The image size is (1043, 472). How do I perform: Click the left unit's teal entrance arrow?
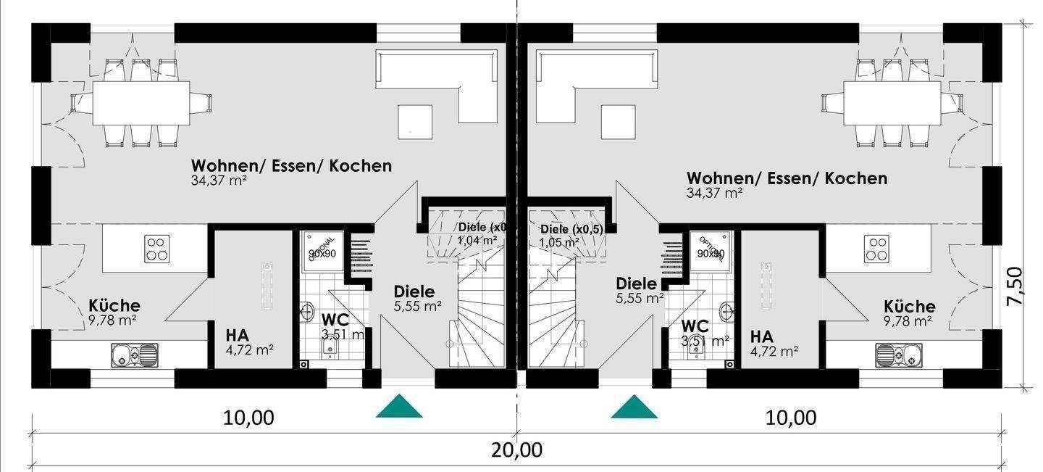tap(399, 407)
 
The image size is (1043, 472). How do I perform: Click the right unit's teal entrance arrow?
tap(634, 407)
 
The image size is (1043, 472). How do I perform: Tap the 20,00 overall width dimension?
tap(516, 450)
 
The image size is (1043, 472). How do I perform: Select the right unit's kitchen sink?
tap(898, 355)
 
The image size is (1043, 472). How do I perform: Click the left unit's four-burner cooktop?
tap(156, 249)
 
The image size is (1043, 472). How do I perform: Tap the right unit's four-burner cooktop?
tap(876, 249)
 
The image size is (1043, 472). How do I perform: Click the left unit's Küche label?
tap(114, 305)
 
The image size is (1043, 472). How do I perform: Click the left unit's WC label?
tap(335, 319)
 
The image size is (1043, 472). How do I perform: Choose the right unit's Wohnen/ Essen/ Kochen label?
tap(787, 178)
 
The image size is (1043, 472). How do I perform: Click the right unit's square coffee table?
tap(618, 121)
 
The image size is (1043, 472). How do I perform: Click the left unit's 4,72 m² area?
tap(249, 350)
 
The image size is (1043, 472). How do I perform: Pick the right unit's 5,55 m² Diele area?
tap(640, 297)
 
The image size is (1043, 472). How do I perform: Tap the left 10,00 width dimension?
tap(248, 418)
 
